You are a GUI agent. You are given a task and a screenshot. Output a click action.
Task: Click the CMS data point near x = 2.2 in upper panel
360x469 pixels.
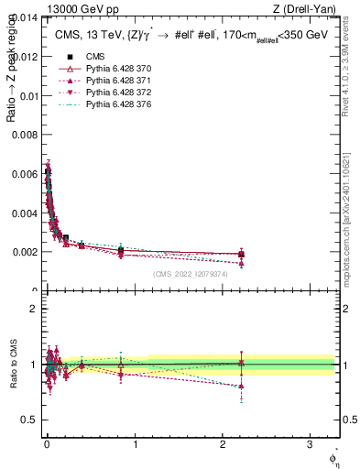click(x=241, y=254)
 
